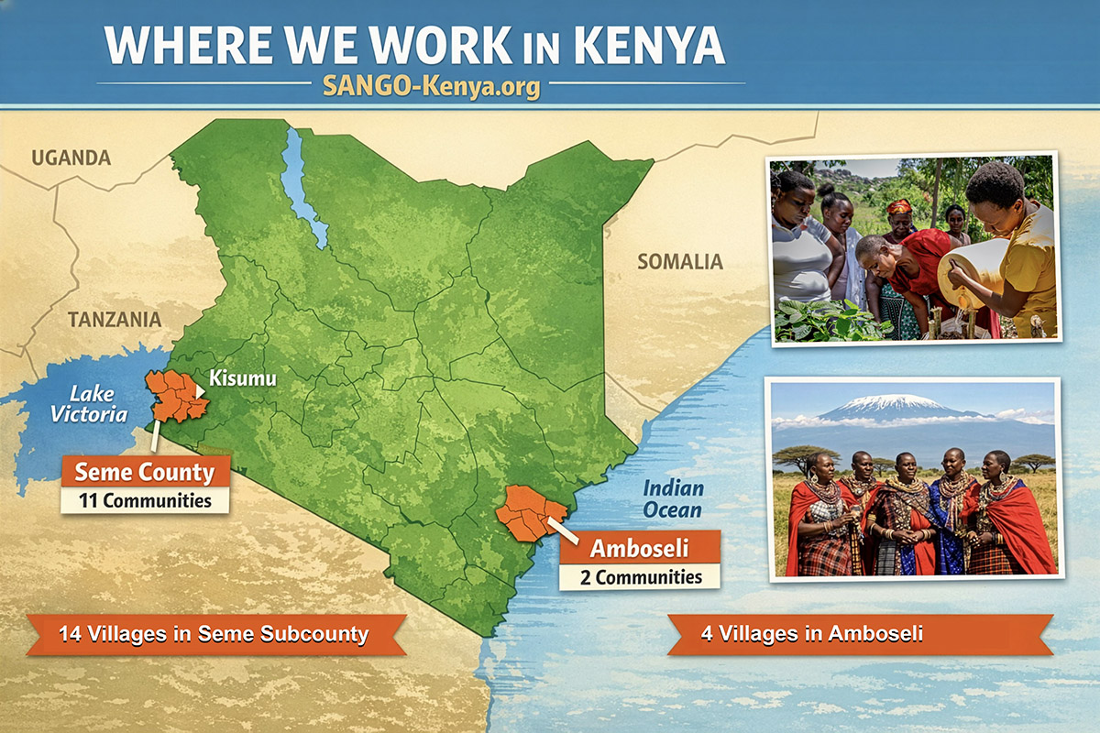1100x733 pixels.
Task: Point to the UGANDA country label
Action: pos(71,158)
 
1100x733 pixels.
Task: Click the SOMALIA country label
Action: pos(680,262)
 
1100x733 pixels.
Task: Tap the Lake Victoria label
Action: pos(89,404)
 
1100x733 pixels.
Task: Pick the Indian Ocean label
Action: pos(672,498)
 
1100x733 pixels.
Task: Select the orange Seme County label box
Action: pos(144,473)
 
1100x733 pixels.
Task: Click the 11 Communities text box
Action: pos(144,501)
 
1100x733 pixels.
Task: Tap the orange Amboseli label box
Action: pos(639,549)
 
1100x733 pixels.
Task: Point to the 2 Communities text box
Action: pos(639,577)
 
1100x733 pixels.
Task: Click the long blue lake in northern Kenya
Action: pos(302,188)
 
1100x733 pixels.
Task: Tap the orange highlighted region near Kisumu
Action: pos(177,396)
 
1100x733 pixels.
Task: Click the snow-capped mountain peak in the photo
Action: pos(875,403)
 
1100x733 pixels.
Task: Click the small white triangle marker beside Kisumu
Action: pos(200,390)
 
